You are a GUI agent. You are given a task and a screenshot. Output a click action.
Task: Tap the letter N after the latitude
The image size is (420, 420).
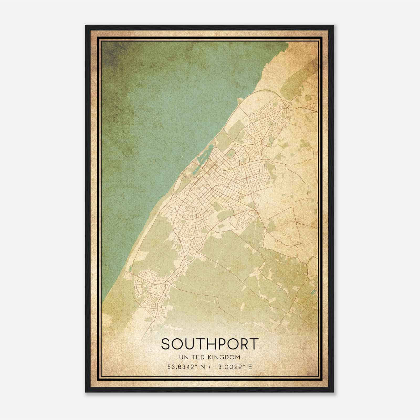[202, 367]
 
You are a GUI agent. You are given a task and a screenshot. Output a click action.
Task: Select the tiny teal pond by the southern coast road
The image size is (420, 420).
[130, 269]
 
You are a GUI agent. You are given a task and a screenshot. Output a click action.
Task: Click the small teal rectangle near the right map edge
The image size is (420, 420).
[312, 292]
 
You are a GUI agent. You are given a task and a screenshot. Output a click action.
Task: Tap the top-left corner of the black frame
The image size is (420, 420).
[86, 26]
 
